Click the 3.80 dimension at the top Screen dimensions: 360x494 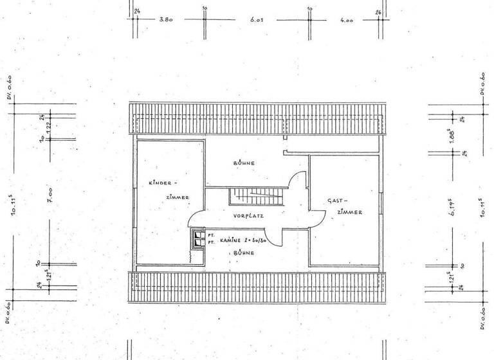point(167,19)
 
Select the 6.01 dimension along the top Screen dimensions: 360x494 point(258,19)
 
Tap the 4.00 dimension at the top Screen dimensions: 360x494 point(347,19)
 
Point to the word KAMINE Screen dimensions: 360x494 point(230,239)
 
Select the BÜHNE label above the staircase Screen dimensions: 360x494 point(244,163)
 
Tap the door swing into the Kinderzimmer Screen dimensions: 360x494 point(196,221)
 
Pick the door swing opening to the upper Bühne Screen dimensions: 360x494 point(298,186)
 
